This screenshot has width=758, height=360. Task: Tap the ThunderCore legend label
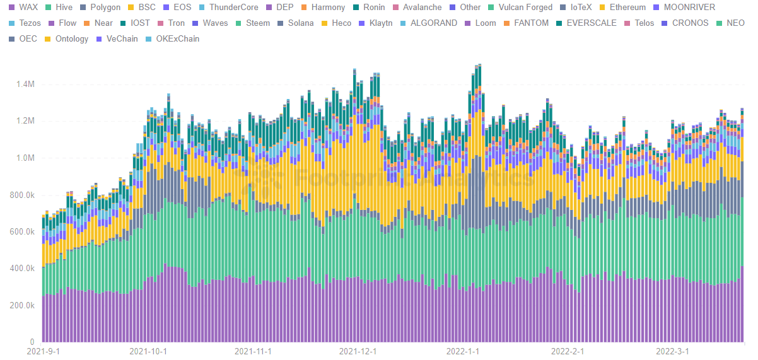[233, 8]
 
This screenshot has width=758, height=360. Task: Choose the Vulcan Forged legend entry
[525, 8]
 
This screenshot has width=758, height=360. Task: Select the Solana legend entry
[300, 23]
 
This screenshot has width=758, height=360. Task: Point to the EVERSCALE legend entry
[592, 23]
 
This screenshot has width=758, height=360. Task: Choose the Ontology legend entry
[72, 39]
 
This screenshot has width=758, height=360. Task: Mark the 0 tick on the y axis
[32, 342]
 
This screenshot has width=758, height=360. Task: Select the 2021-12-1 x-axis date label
[358, 351]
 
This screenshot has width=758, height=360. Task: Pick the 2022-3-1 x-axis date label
[673, 351]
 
